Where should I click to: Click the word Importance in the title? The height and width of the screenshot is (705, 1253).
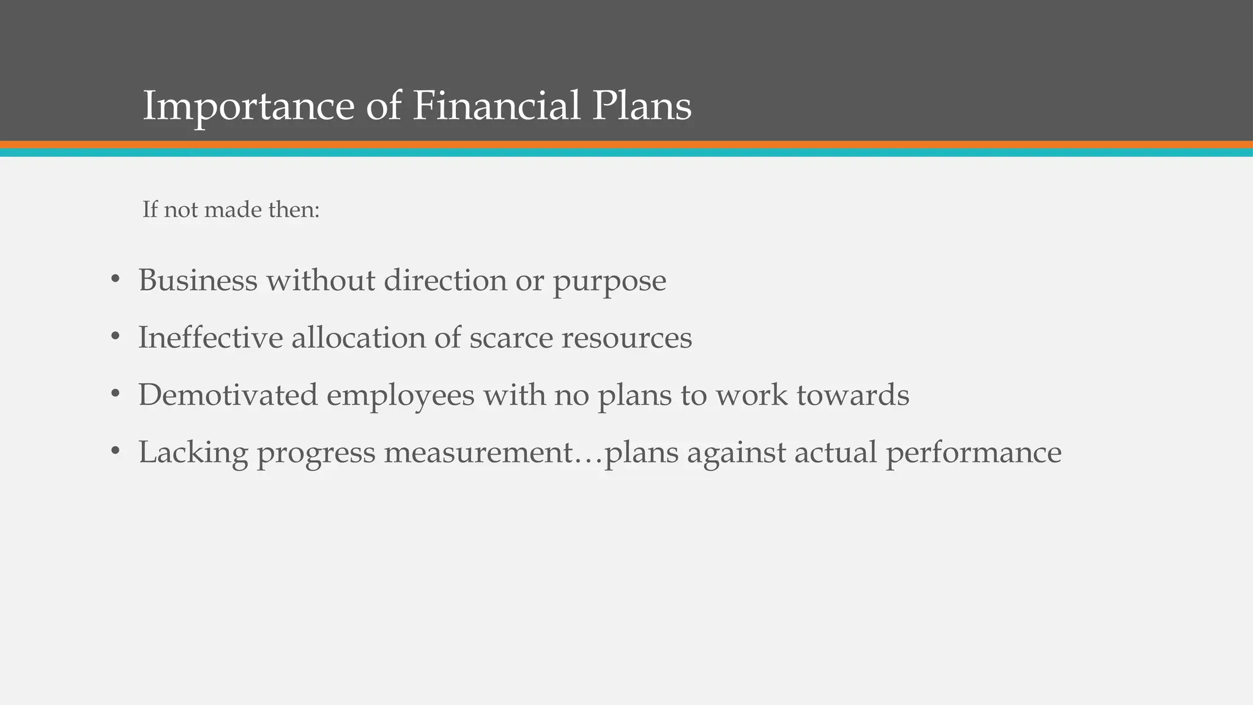pos(248,106)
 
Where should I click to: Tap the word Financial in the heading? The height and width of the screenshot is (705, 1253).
pos(496,105)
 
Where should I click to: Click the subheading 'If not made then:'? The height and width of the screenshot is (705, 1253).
pos(231,210)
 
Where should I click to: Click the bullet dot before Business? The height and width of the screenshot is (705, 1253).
pos(115,280)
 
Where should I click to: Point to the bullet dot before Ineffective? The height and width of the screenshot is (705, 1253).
pos(115,337)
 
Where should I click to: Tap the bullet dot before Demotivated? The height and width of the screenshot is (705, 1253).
pos(115,395)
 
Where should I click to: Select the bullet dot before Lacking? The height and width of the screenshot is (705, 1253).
pos(115,452)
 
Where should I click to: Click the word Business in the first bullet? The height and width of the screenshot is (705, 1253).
pos(198,280)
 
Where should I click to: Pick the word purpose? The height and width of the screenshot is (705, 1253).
pos(609,282)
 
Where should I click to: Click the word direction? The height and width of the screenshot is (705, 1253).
pos(445,280)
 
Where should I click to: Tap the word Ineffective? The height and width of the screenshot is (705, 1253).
pos(210,338)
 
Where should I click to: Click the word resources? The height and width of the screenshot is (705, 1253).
pos(626,338)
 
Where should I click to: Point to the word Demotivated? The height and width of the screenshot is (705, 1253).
pos(228,395)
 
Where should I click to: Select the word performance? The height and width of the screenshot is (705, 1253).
pos(973,453)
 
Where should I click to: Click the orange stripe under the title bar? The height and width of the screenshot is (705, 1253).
pos(626,144)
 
